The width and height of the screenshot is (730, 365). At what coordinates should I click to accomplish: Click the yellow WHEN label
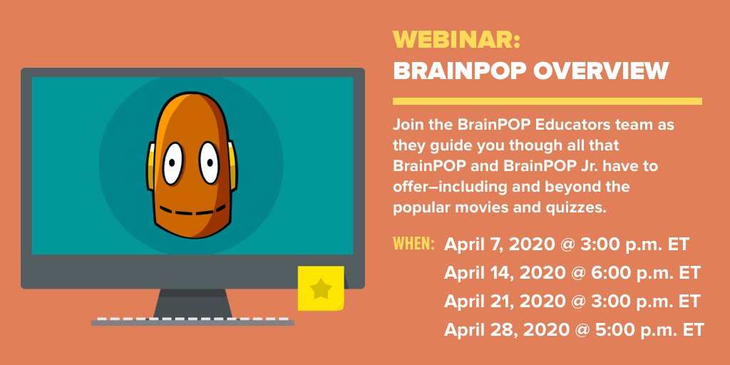click(x=414, y=244)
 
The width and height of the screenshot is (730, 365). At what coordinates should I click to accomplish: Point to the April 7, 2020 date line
click(x=567, y=245)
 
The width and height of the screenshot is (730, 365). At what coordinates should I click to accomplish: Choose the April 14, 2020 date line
click(x=572, y=273)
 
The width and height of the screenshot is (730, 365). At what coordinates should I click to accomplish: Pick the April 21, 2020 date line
click(x=572, y=302)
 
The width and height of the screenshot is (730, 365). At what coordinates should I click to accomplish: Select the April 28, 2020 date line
click(x=574, y=329)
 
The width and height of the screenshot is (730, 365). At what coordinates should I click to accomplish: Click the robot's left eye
click(x=173, y=163)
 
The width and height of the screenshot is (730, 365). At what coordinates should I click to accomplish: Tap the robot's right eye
click(x=209, y=163)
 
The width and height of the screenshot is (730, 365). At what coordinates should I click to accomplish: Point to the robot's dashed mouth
click(x=192, y=210)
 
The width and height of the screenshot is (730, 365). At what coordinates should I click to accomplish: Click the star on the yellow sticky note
click(x=321, y=289)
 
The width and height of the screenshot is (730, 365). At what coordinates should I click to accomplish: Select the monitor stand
click(x=192, y=303)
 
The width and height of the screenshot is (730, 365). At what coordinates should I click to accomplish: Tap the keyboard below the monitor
click(x=192, y=322)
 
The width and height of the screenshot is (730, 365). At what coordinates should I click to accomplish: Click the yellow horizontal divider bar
click(x=547, y=101)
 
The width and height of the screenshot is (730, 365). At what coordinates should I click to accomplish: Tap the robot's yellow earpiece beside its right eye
click(x=232, y=165)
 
